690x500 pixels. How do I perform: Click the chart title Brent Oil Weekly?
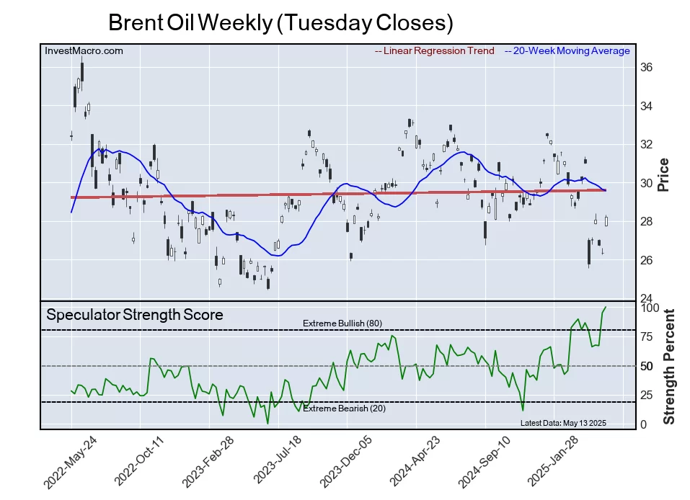[280, 23]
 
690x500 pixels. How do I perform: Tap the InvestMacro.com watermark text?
[84, 51]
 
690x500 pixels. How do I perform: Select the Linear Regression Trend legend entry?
[435, 51]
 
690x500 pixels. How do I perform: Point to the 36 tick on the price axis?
[646, 68]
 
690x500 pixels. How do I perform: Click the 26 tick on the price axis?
[646, 260]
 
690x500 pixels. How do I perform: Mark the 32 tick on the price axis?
[646, 145]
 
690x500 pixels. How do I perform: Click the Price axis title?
[664, 174]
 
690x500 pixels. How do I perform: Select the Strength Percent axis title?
[668, 366]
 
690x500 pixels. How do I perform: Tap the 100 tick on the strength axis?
[650, 308]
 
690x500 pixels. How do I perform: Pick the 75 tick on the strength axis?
[647, 336]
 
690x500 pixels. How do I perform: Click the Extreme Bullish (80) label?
[342, 323]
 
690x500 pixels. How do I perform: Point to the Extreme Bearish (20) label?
[343, 409]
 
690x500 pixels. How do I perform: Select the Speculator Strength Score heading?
[135, 315]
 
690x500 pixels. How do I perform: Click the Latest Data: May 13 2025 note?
[563, 423]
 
